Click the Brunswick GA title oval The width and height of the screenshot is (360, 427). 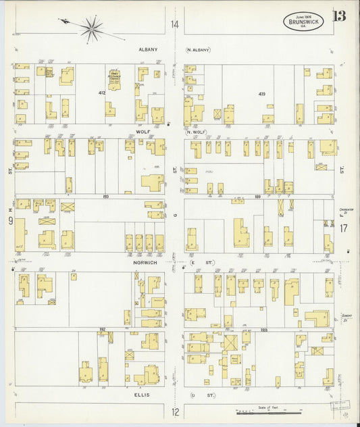point(303,21)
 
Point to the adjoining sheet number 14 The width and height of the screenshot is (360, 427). point(175,25)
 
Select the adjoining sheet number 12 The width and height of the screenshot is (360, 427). point(175,411)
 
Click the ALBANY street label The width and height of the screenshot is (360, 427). point(148,49)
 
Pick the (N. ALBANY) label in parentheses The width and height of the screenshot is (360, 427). point(199,49)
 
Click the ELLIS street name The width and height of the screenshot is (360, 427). point(141,395)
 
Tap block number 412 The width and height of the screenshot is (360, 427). point(102,92)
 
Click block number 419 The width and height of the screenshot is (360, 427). point(261,94)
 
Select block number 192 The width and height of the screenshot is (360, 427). point(103,329)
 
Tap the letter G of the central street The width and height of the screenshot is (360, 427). point(174,216)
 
